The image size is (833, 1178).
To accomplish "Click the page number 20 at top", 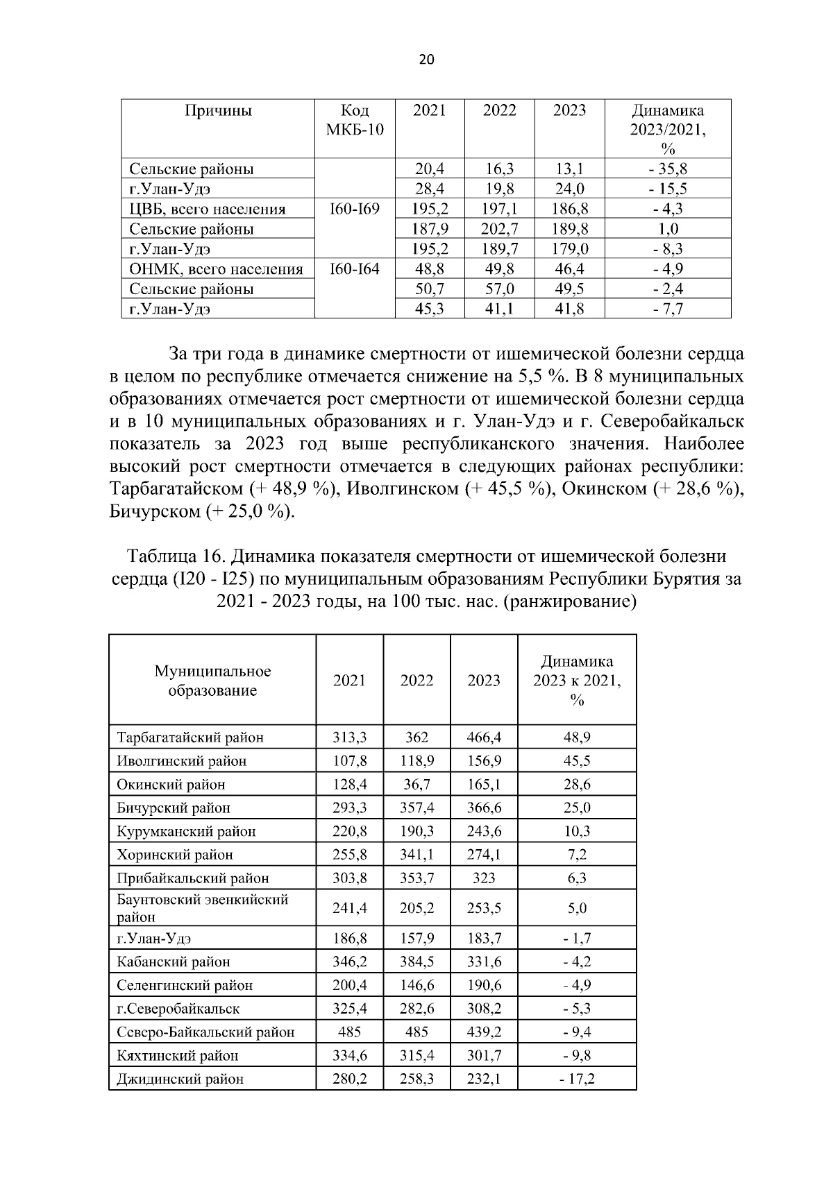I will [426, 60].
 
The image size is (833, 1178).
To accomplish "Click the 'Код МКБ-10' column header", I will [355, 120].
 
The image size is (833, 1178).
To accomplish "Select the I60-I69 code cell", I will [355, 209].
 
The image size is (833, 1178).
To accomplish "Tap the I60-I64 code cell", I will [355, 269].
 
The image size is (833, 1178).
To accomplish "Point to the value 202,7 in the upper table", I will [499, 229].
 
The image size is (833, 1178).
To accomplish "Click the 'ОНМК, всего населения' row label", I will [217, 269].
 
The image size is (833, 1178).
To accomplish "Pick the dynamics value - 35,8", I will [667, 169].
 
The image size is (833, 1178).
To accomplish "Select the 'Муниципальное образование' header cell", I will [212, 681].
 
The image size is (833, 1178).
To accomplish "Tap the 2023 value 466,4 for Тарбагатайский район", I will [484, 737].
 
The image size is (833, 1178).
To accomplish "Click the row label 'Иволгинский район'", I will [181, 761].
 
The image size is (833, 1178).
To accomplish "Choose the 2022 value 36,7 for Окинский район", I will [416, 785].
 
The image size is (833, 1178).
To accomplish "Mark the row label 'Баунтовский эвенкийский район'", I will [201, 907].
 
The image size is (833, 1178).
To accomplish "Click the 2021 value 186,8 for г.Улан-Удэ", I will [349, 939].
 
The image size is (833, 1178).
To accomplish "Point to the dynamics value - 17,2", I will [577, 1079].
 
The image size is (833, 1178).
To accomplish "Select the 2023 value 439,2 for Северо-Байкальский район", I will [484, 1032].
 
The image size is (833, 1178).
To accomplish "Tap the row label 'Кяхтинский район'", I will [177, 1056].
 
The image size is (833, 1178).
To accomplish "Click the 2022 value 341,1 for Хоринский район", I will [416, 855].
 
